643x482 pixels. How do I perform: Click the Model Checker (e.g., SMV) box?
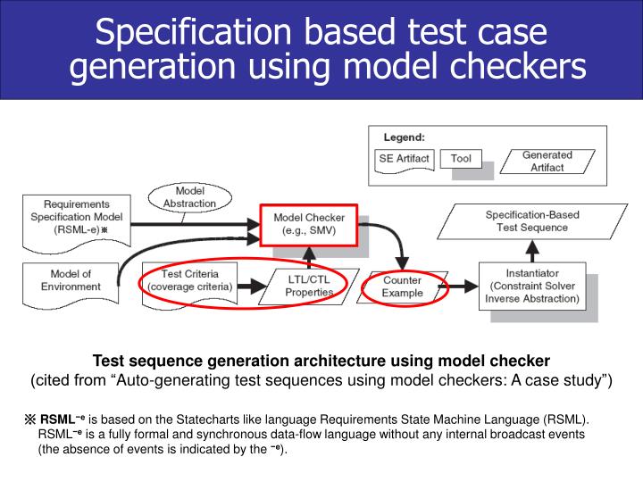[309, 224]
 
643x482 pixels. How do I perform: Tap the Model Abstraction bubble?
[190, 197]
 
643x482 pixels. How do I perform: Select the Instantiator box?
[534, 285]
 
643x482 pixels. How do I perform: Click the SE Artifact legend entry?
[405, 159]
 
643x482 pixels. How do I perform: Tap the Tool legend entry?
[461, 160]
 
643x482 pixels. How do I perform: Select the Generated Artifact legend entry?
[547, 162]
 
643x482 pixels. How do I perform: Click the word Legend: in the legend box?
[404, 137]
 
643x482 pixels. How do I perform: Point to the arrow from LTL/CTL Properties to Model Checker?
[309, 258]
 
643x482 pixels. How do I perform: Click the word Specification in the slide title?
[179, 34]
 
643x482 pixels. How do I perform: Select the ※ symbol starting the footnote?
[29, 419]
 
